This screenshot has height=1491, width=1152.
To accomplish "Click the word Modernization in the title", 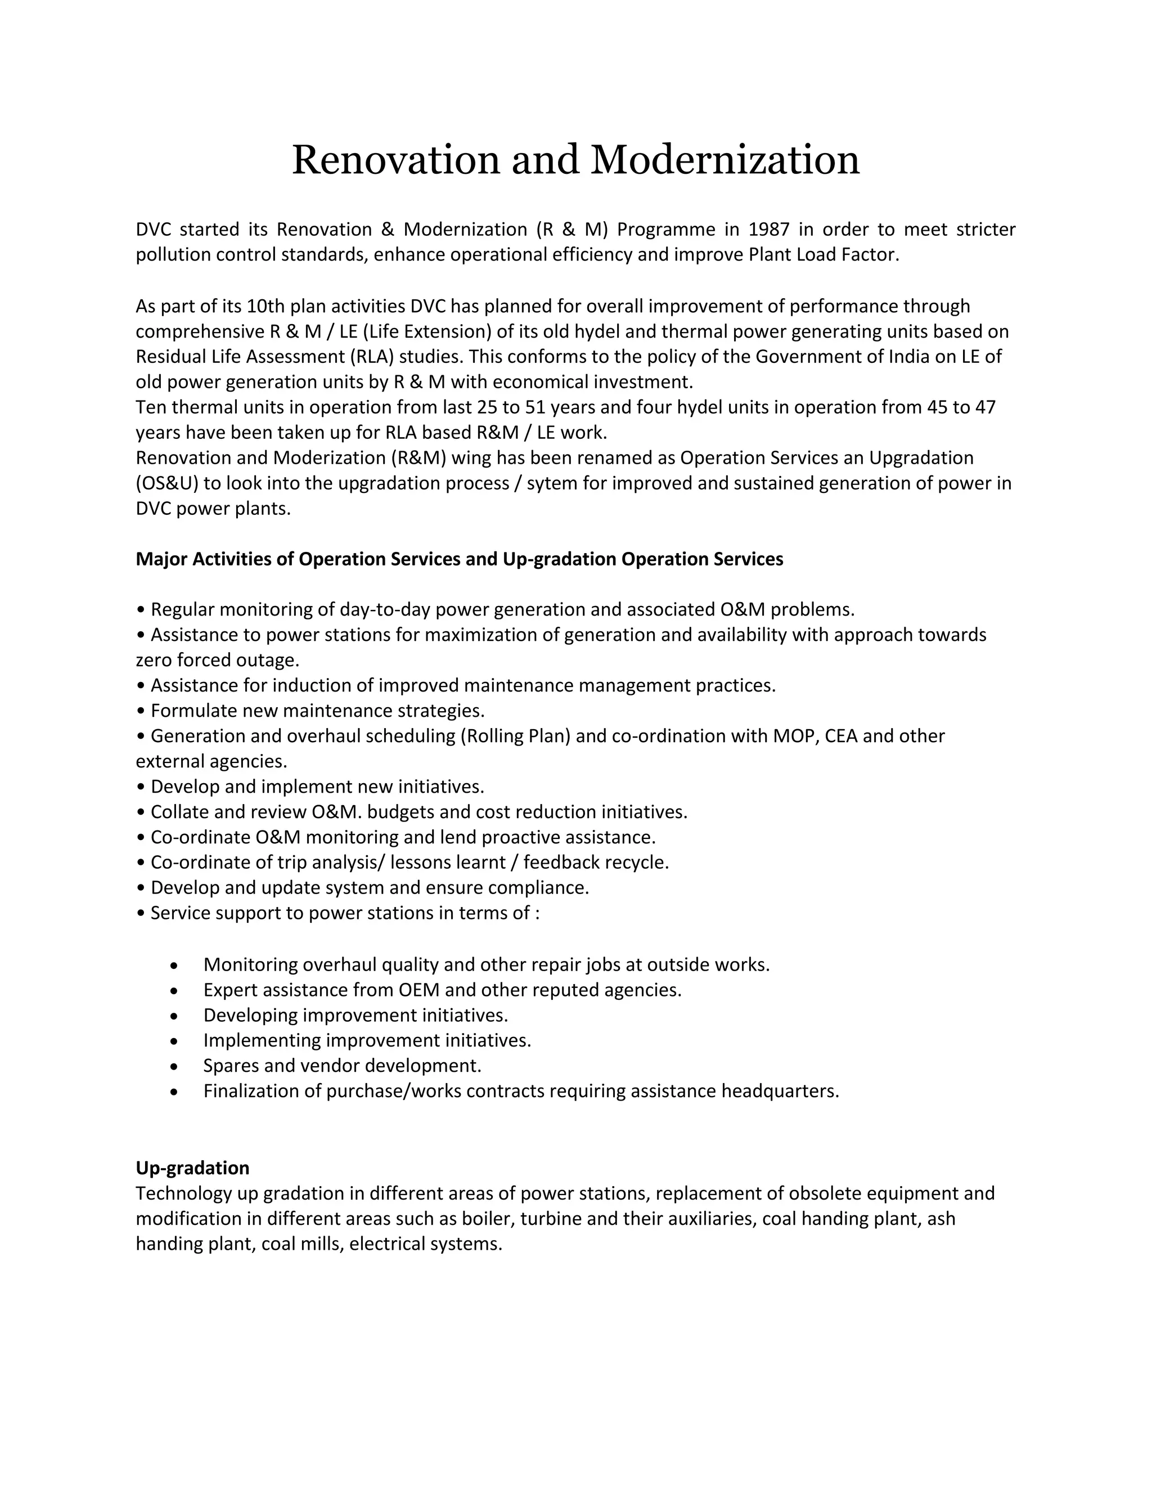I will [x=724, y=160].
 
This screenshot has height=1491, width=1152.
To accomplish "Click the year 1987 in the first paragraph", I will [x=769, y=230].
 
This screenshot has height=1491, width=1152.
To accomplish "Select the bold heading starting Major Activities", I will [x=460, y=559].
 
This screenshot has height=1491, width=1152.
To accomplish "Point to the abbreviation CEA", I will [x=844, y=736].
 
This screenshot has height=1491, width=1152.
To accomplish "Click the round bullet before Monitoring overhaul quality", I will [x=175, y=966].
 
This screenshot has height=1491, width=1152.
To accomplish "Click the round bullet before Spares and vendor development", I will [x=175, y=1067].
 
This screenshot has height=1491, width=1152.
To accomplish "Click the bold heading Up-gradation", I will [x=192, y=1168].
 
